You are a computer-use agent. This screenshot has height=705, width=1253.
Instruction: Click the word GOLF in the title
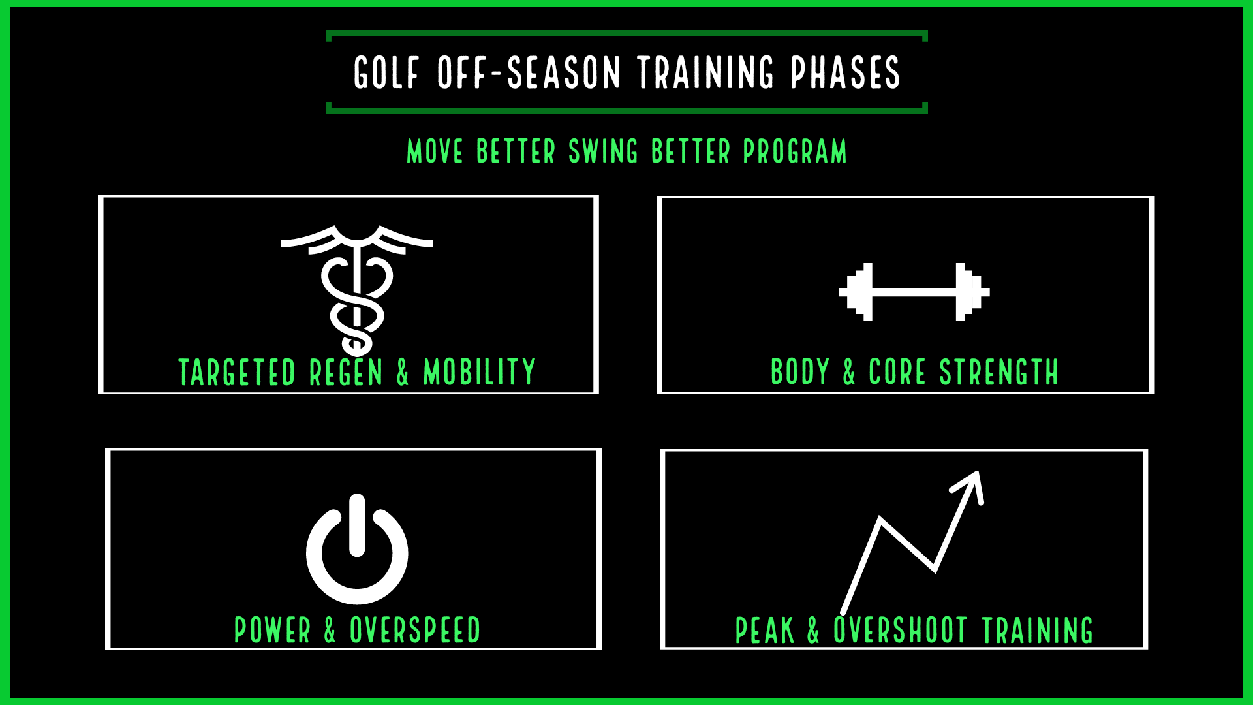pos(386,72)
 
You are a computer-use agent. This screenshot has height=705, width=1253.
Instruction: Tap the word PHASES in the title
pos(846,72)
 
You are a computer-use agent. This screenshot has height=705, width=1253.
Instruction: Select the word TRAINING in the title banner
pos(706,72)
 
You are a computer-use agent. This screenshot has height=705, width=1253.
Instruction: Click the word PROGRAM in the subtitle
pos(795,151)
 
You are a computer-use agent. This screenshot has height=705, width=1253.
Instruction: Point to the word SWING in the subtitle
pos(604,151)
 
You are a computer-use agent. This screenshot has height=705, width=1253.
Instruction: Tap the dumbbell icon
pos(914,292)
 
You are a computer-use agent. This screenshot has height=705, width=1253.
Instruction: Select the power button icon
pos(357,549)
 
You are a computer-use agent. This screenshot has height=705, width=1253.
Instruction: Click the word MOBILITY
pos(480,373)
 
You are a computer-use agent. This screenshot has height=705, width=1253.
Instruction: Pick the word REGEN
pos(346,373)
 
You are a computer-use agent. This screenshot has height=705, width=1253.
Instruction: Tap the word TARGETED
pos(237,373)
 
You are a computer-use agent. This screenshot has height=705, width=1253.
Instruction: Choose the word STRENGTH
pos(998,373)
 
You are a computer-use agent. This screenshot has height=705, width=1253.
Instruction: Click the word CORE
pos(897,373)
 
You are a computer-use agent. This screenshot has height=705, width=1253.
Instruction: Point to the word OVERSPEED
pos(415,631)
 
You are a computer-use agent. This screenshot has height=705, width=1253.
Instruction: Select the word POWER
pos(272,631)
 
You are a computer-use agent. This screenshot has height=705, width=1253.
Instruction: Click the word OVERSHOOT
pos(900,631)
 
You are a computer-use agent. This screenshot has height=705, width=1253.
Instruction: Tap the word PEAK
pos(765,631)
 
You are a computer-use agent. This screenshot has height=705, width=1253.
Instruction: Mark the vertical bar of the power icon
pos(357,525)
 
